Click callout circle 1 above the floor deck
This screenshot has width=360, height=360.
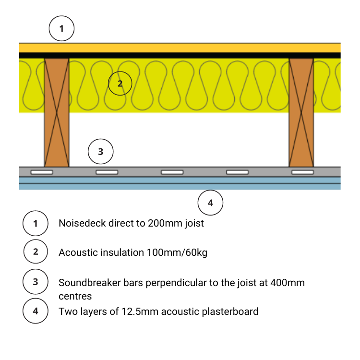tap(61, 29)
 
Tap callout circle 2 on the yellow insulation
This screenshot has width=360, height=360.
tap(120, 83)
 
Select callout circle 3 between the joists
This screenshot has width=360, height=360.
tap(100, 152)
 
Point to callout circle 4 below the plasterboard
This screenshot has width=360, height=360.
tap(210, 203)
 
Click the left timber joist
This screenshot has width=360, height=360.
tap(57, 112)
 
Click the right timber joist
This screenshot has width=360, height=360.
tap(301, 112)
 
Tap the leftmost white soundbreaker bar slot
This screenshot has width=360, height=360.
tap(42, 172)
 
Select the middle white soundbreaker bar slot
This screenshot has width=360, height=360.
tap(172, 172)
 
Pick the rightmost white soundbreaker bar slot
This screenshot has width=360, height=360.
tap(302, 172)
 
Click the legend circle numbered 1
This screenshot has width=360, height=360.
tap(36, 223)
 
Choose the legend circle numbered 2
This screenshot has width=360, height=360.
tap(36, 252)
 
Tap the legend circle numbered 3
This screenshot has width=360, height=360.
tap(36, 282)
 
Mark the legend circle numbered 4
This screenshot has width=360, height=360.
tap(36, 311)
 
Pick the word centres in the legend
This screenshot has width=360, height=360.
tap(75, 296)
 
